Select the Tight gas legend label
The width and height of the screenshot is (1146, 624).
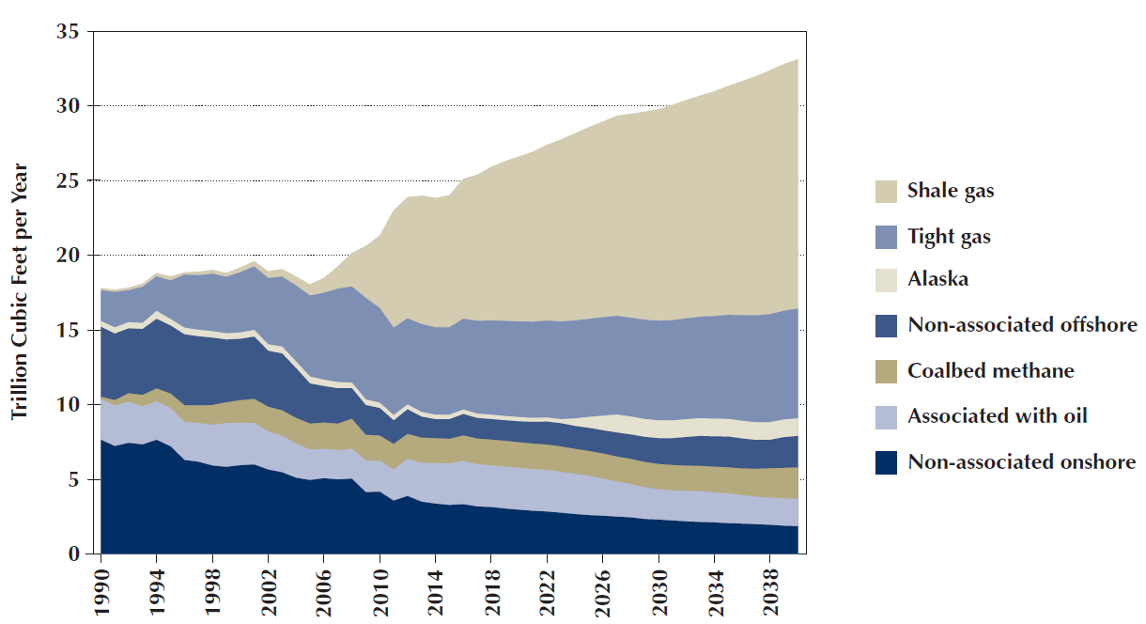pos(949,237)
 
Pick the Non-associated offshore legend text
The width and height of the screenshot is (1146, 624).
pos(1022,325)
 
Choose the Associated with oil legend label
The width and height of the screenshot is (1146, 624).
pos(998,415)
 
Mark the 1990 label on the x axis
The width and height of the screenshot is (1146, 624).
pos(101,586)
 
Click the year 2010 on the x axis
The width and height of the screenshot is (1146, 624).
pos(379,586)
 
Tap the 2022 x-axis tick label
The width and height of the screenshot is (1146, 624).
pos(547,586)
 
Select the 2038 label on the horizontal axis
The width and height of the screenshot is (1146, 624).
pos(769,586)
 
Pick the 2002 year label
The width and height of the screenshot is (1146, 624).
pos(268,586)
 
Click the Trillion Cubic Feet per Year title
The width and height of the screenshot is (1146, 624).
pos(20,292)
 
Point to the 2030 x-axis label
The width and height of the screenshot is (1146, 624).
pos(658,586)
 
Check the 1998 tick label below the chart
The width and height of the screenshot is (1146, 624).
pos(212,586)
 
